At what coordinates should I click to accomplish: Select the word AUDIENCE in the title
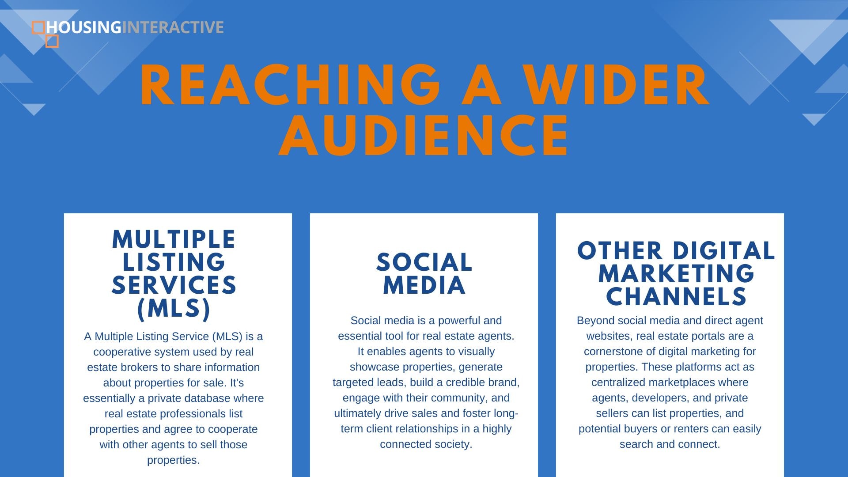pyautogui.click(x=424, y=136)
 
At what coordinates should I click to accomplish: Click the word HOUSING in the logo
pyautogui.click(x=84, y=27)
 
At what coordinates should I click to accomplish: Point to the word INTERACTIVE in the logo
pyautogui.click(x=173, y=27)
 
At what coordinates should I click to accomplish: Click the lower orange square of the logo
pyautogui.click(x=52, y=41)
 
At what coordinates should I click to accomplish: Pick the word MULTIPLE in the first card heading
pyautogui.click(x=174, y=240)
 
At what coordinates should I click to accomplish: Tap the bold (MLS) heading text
pyautogui.click(x=174, y=308)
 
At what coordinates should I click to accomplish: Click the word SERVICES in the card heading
pyautogui.click(x=174, y=285)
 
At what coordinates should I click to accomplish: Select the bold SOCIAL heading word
pyautogui.click(x=424, y=262)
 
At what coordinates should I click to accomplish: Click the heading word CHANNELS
pyautogui.click(x=676, y=296)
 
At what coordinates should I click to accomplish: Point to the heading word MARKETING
pyautogui.click(x=676, y=274)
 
